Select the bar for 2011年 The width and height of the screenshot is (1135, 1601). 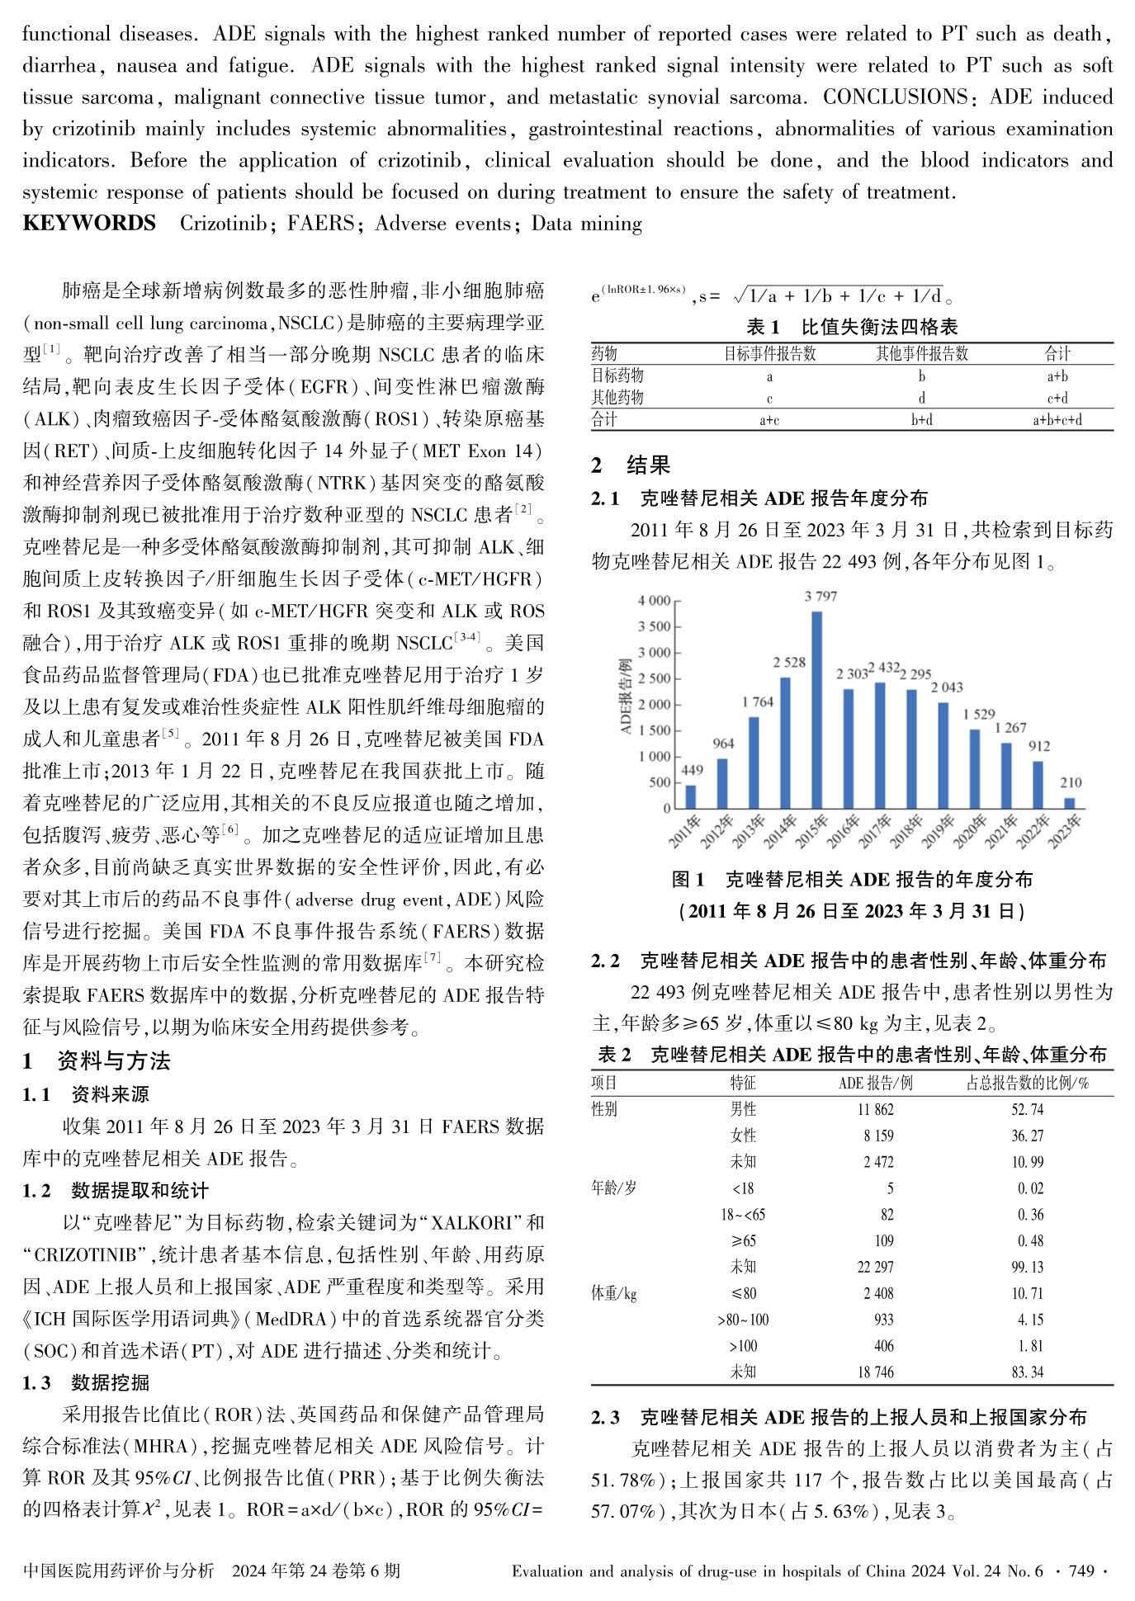pyautogui.click(x=691, y=796)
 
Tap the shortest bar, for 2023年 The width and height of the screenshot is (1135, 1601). pyautogui.click(x=1070, y=803)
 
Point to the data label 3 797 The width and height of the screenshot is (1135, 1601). pyautogui.click(x=821, y=596)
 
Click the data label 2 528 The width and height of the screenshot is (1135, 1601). pyautogui.click(x=789, y=662)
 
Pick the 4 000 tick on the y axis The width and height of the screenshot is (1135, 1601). pyautogui.click(x=654, y=601)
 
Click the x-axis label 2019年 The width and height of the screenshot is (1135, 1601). pyautogui.click(x=938, y=832)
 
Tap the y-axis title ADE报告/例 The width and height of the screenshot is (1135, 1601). pyautogui.click(x=625, y=697)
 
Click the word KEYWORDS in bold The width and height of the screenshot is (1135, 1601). pyautogui.click(x=89, y=224)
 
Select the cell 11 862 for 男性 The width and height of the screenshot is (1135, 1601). pyautogui.click(x=875, y=1110)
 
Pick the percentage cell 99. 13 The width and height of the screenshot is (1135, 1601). pyautogui.click(x=1027, y=1267)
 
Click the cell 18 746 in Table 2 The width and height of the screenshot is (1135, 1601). pyautogui.click(x=875, y=1372)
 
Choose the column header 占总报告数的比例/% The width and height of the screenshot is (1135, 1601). pyautogui.click(x=1027, y=1083)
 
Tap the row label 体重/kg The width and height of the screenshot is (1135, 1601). pyautogui.click(x=614, y=1293)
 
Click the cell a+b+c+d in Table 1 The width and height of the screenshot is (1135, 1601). pyautogui.click(x=1057, y=420)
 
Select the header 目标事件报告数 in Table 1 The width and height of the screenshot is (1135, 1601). pyautogui.click(x=769, y=354)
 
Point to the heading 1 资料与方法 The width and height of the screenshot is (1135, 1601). pyautogui.click(x=97, y=1061)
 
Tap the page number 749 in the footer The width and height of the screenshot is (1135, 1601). pyautogui.click(x=1081, y=1570)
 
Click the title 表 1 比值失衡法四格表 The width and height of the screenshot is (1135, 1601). pyautogui.click(x=852, y=327)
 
